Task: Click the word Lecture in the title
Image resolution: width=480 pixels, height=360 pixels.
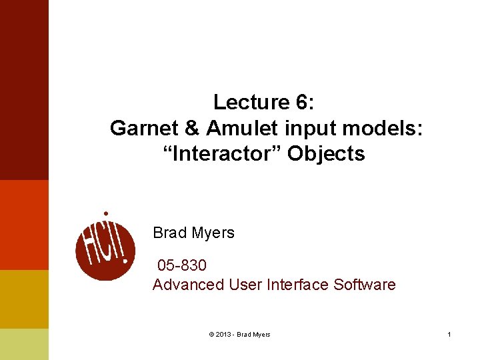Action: [x=249, y=102]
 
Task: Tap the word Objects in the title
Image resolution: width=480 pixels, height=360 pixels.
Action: [x=326, y=154]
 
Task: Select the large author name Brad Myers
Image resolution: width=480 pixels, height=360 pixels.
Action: [x=193, y=233]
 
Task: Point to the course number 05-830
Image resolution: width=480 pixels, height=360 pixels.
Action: [x=182, y=265]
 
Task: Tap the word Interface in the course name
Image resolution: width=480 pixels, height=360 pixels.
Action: [x=297, y=285]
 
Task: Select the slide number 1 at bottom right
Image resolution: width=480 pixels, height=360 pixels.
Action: [x=449, y=335]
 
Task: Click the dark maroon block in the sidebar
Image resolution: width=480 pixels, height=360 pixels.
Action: [x=24, y=90]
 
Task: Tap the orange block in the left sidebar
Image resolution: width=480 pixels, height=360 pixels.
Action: [x=24, y=225]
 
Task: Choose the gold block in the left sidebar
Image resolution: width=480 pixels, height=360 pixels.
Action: [x=24, y=299]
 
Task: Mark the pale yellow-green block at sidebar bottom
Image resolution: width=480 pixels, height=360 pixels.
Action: [x=24, y=344]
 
